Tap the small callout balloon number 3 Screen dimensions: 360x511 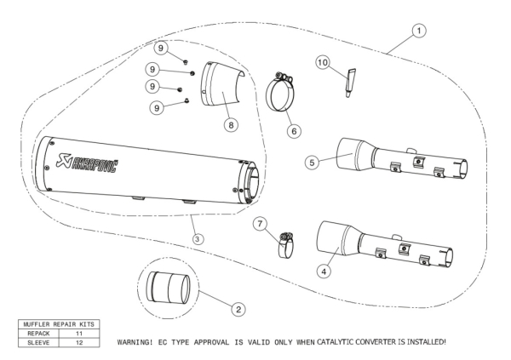click(x=198, y=240)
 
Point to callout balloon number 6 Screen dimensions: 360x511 click(x=294, y=132)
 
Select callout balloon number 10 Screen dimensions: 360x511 click(x=347, y=62)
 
